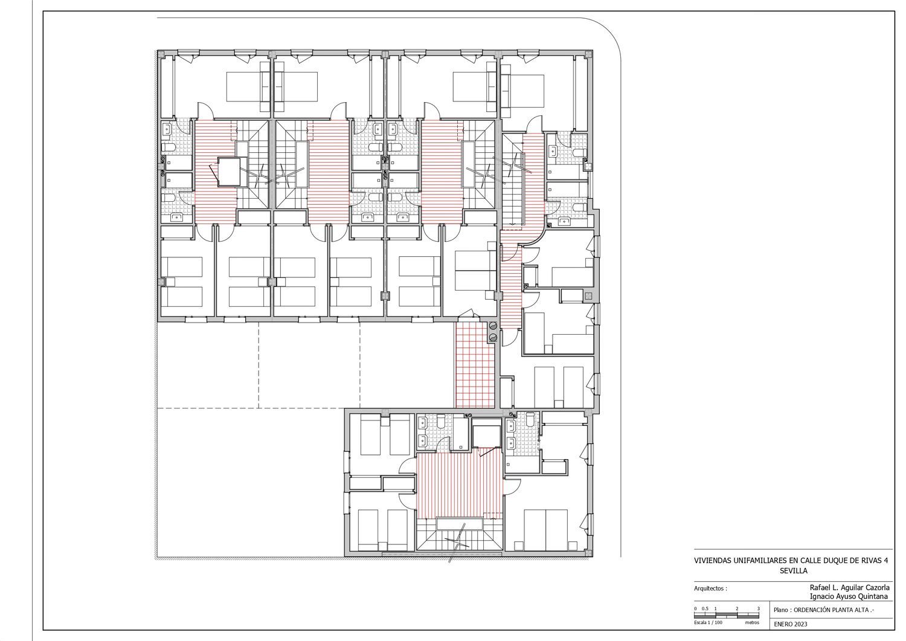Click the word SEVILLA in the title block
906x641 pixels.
[x=793, y=571]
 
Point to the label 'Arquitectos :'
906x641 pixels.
[x=710, y=589]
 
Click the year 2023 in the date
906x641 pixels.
[x=800, y=624]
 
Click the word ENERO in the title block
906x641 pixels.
[x=783, y=624]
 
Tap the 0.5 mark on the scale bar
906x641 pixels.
[x=705, y=608]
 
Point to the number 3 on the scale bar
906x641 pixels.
[x=759, y=608]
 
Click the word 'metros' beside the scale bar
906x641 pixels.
[x=753, y=622]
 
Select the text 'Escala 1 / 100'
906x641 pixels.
[x=708, y=622]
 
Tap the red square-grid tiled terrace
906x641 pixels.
[x=475, y=365]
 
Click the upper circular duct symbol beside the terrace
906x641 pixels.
[x=493, y=326]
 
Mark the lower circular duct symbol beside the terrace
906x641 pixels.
[x=493, y=338]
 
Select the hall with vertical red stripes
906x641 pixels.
[x=460, y=486]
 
